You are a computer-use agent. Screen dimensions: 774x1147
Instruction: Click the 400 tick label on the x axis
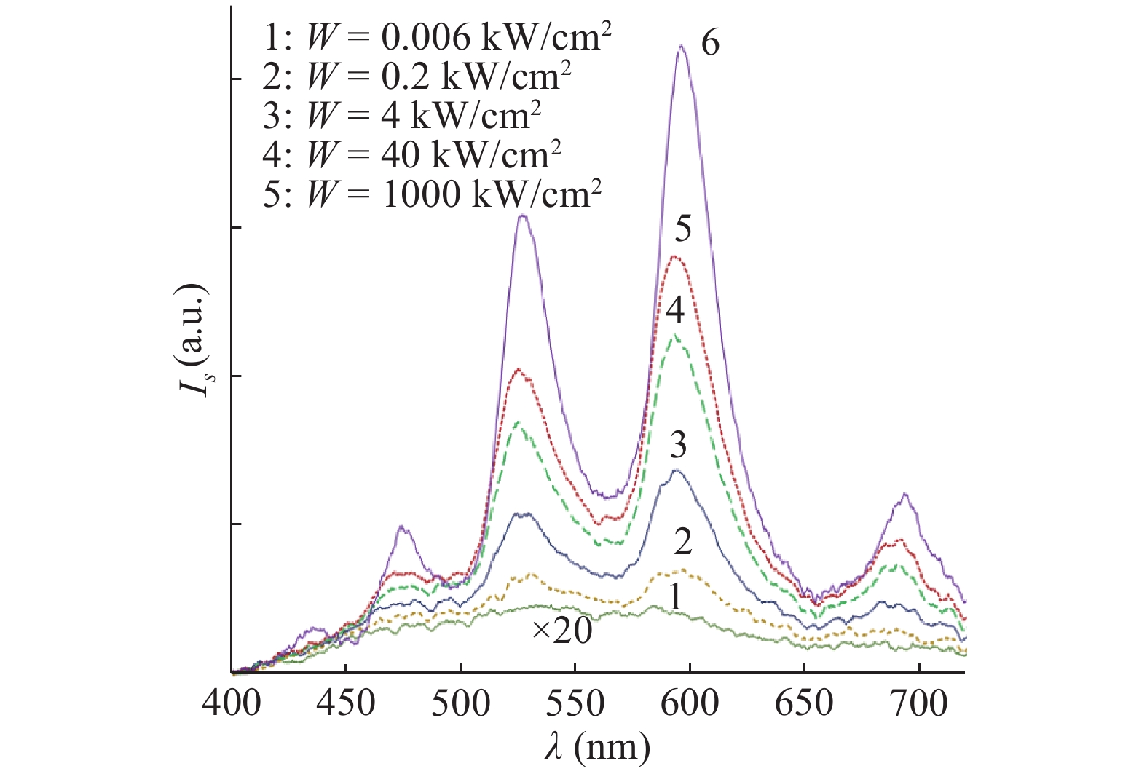click(232, 703)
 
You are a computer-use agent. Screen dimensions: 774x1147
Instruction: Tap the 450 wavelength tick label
click(346, 703)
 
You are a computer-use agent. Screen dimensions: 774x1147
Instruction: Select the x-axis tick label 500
click(460, 703)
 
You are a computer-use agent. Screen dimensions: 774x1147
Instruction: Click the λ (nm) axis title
click(596, 747)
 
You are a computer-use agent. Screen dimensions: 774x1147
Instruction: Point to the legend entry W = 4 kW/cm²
click(402, 114)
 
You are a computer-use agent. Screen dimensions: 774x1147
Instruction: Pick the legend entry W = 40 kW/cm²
click(412, 154)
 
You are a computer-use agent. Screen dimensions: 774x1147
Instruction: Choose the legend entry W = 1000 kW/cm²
click(433, 193)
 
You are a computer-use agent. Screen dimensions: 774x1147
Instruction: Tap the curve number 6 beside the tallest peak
click(710, 44)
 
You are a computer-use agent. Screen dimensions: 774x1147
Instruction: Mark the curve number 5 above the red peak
click(682, 229)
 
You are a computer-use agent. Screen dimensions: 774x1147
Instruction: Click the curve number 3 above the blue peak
click(678, 445)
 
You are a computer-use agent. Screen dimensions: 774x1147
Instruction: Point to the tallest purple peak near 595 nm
click(682, 47)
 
